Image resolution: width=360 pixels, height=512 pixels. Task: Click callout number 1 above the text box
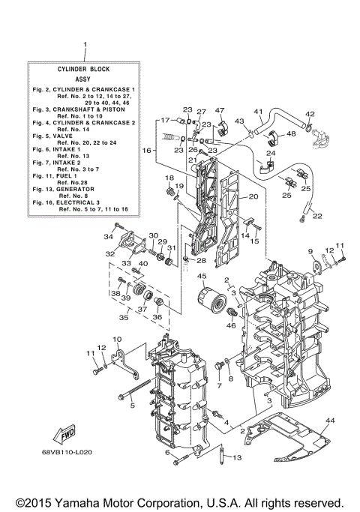85,45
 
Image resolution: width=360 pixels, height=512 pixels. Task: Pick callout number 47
220,110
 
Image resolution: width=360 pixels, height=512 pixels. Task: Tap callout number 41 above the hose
257,112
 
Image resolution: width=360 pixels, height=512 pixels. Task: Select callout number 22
317,217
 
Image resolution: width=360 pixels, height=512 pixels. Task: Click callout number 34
109,237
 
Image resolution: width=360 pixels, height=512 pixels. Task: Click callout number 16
148,151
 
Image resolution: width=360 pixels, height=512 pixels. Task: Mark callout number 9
310,250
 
